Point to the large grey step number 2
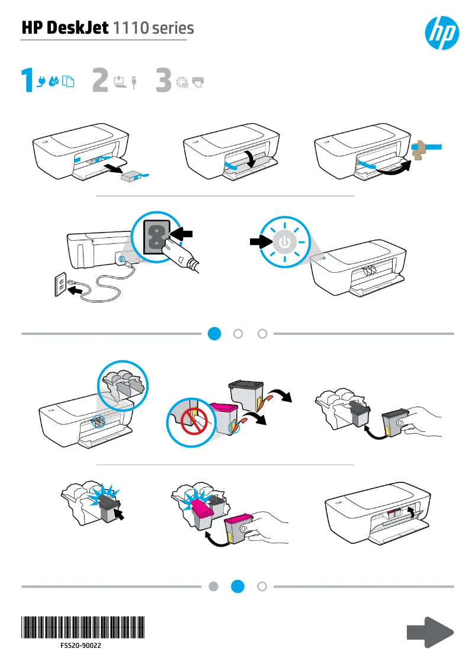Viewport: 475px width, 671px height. pos(101,81)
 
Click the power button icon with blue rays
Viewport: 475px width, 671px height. pos(285,242)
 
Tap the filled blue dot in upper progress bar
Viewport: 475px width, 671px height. pos(214,334)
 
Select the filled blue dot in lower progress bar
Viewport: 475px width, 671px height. pos(237,586)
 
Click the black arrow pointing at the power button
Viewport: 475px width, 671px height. pos(259,241)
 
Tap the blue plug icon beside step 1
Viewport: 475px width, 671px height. pos(41,82)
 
